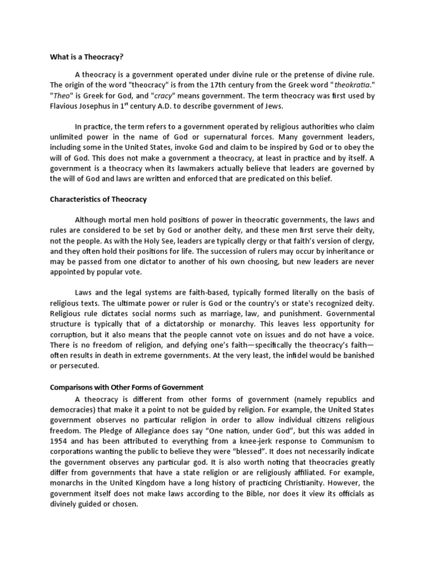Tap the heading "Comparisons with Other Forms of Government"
[127, 387]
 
